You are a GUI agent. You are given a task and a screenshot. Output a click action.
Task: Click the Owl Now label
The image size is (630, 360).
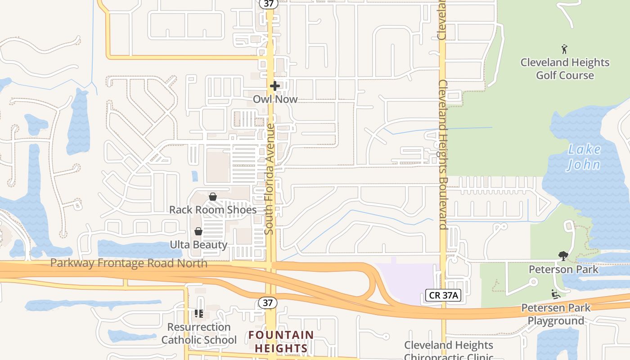click(275, 99)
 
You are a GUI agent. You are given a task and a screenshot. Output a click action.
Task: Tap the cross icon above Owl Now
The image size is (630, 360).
click(274, 85)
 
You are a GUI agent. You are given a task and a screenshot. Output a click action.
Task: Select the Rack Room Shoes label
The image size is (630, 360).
click(213, 210)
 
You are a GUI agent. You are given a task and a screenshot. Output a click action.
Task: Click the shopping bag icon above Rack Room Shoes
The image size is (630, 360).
click(213, 197)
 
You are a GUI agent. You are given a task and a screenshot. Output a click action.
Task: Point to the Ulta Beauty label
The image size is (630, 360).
click(198, 245)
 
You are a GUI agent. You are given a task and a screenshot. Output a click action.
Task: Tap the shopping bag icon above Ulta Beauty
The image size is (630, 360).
click(198, 231)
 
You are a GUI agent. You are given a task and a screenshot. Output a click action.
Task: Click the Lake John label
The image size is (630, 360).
click(584, 157)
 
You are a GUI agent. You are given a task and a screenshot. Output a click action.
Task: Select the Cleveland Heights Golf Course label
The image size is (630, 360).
click(565, 69)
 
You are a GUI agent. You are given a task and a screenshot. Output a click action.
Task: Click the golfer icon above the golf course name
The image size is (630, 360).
click(564, 49)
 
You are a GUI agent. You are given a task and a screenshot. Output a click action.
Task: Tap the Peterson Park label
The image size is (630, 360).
click(563, 270)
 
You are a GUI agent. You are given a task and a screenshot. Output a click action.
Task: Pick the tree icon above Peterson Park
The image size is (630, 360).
click(563, 256)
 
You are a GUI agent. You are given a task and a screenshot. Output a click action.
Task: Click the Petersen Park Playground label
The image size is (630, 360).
click(556, 315)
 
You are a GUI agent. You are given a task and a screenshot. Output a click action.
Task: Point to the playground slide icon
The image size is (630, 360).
click(556, 294)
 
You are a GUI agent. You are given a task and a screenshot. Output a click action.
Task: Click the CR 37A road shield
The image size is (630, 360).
click(444, 295)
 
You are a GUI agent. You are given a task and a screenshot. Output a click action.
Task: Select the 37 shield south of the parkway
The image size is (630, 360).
click(268, 303)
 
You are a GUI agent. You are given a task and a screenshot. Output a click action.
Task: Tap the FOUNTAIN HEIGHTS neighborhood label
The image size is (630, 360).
click(281, 342)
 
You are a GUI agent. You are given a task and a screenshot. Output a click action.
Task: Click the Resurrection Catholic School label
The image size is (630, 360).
click(199, 333)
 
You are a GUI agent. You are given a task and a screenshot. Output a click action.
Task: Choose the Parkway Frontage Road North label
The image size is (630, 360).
click(129, 263)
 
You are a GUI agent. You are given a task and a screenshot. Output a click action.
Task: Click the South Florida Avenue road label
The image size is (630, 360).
click(270, 179)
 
